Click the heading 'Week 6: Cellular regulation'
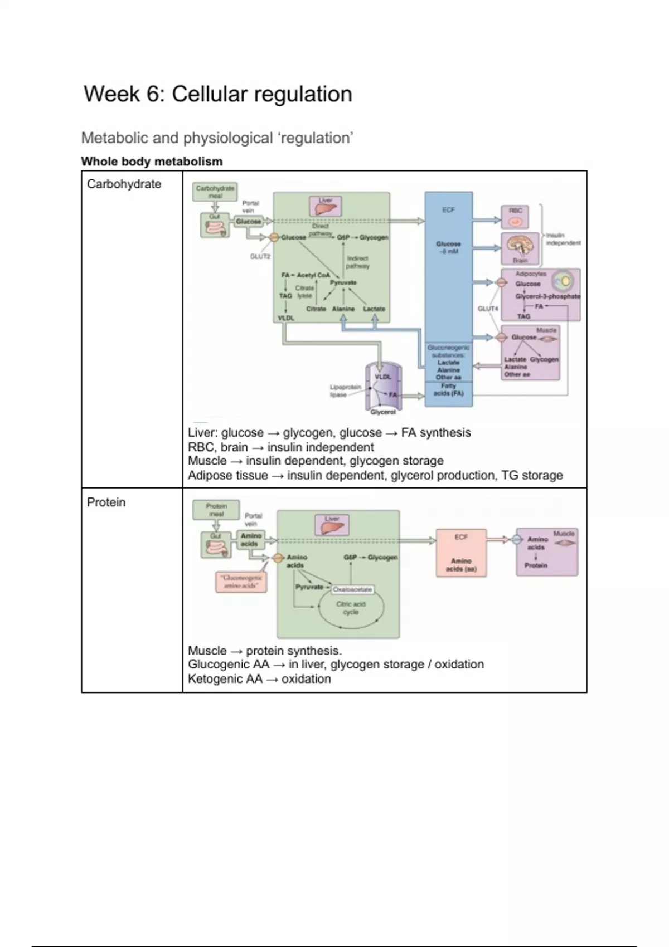(217, 94)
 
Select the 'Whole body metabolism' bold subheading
(152, 162)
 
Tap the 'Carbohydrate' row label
(124, 184)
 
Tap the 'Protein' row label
(106, 502)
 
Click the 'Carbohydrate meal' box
(215, 192)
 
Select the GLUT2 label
(260, 256)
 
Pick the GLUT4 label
(488, 308)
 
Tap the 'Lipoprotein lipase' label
(345, 390)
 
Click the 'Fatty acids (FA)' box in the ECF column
(448, 389)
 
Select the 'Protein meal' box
(216, 510)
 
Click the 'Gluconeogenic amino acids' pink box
(240, 582)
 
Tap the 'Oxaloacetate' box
(352, 589)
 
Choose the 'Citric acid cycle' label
(351, 608)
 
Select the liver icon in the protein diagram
(332, 525)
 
